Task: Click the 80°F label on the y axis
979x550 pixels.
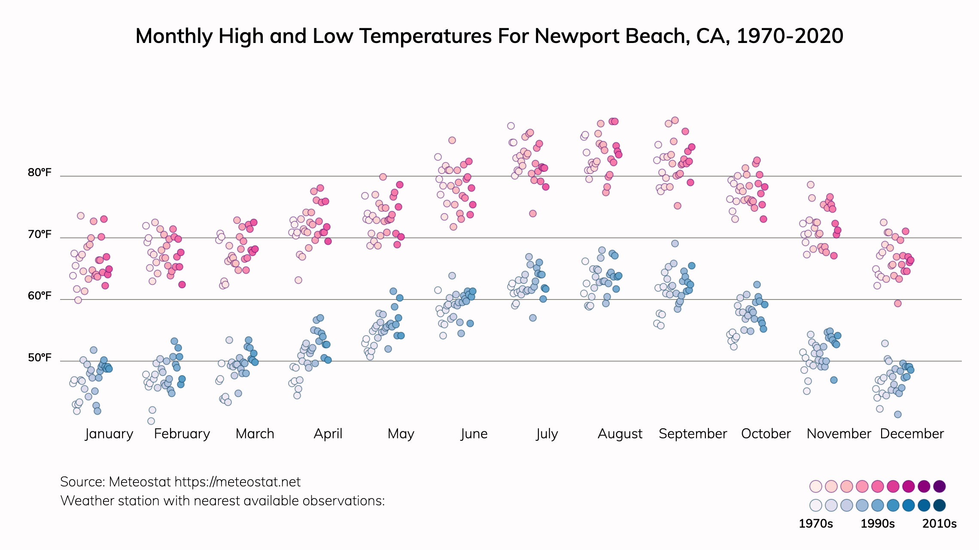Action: [x=40, y=173]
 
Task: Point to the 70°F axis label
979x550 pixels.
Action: [x=40, y=235]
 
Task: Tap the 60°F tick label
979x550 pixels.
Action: [x=40, y=296]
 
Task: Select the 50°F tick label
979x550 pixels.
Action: [x=40, y=358]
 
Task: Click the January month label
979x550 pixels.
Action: [x=109, y=434]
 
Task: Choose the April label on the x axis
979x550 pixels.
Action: [x=328, y=434]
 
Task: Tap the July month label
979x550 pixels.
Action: [x=547, y=434]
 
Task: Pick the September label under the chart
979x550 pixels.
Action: [x=693, y=434]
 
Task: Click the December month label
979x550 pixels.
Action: [x=912, y=434]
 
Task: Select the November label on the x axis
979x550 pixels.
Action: [x=839, y=434]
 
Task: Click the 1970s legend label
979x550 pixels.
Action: [x=815, y=524]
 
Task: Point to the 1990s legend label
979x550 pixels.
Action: [x=878, y=524]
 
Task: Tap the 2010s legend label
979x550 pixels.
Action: [x=939, y=524]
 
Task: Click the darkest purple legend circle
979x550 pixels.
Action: [x=939, y=486]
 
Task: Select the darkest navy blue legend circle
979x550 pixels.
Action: [x=939, y=505]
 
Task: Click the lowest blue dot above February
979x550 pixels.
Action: [x=151, y=421]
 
